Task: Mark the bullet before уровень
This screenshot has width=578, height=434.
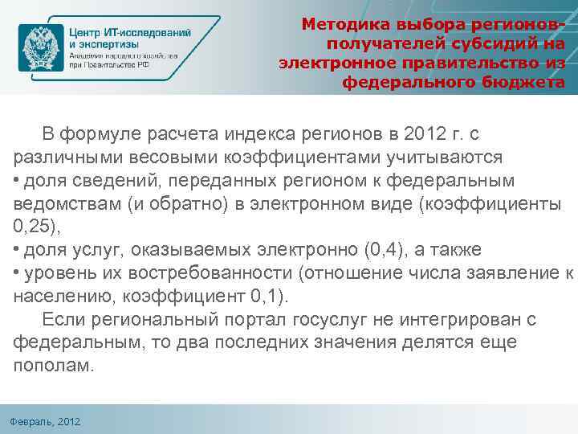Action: coord(17,273)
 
